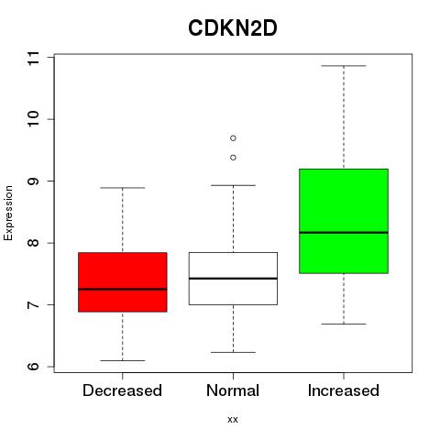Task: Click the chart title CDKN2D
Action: [233, 28]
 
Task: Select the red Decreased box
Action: [123, 282]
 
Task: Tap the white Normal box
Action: [233, 279]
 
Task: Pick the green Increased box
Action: [344, 221]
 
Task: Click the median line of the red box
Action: [123, 289]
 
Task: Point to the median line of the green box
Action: [344, 233]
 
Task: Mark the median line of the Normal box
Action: [233, 279]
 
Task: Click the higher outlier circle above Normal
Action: [233, 138]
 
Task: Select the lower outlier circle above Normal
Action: [233, 158]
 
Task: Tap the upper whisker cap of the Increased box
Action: [344, 66]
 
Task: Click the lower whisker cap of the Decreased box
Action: [123, 360]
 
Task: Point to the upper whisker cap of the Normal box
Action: [233, 185]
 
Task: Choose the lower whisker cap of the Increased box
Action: [344, 324]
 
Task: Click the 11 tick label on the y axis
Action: [34, 58]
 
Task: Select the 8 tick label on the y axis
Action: [34, 243]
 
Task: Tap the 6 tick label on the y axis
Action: [34, 367]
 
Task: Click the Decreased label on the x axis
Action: [122, 390]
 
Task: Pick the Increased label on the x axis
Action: [344, 390]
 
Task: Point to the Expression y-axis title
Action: [8, 213]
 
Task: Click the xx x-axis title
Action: [233, 420]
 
